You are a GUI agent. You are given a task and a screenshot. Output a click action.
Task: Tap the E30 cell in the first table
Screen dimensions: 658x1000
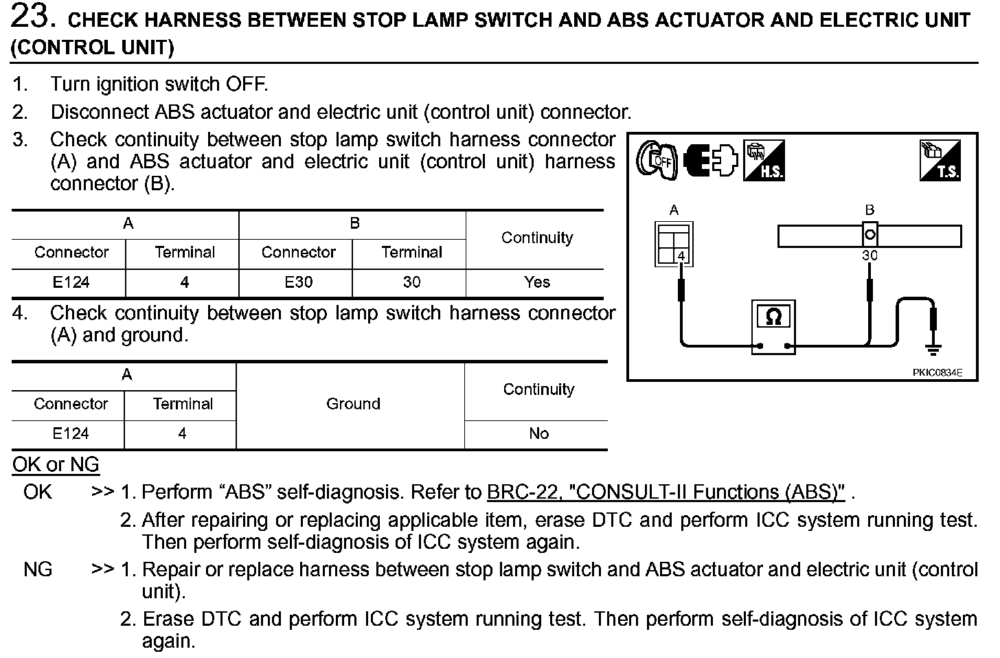298,282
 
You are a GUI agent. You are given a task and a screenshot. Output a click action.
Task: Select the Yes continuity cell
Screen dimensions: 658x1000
537,282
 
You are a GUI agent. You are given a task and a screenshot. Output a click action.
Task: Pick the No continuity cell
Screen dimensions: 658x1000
538,433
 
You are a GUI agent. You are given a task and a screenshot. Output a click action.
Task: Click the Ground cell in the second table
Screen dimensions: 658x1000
353,404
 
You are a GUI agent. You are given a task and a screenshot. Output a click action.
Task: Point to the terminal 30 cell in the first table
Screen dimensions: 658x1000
411,282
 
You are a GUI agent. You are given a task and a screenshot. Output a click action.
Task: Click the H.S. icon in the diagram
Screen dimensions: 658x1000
764,161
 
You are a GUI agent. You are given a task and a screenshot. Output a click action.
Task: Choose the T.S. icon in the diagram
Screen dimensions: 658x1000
940,161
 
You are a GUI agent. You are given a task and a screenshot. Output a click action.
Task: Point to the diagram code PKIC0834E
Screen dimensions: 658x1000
937,372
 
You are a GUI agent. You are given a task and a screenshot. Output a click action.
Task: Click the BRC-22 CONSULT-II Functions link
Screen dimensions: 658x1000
666,492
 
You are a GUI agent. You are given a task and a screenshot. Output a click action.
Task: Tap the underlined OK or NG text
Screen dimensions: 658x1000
56,465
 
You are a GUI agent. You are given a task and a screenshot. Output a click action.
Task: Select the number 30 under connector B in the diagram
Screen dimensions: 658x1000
870,256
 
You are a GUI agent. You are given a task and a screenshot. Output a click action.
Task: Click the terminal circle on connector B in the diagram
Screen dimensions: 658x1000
870,235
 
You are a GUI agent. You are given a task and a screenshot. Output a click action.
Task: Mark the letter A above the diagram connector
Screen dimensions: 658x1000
674,210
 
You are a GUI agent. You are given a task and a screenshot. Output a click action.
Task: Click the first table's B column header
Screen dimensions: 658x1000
354,223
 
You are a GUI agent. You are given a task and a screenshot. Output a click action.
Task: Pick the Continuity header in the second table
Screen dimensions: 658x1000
538,389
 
